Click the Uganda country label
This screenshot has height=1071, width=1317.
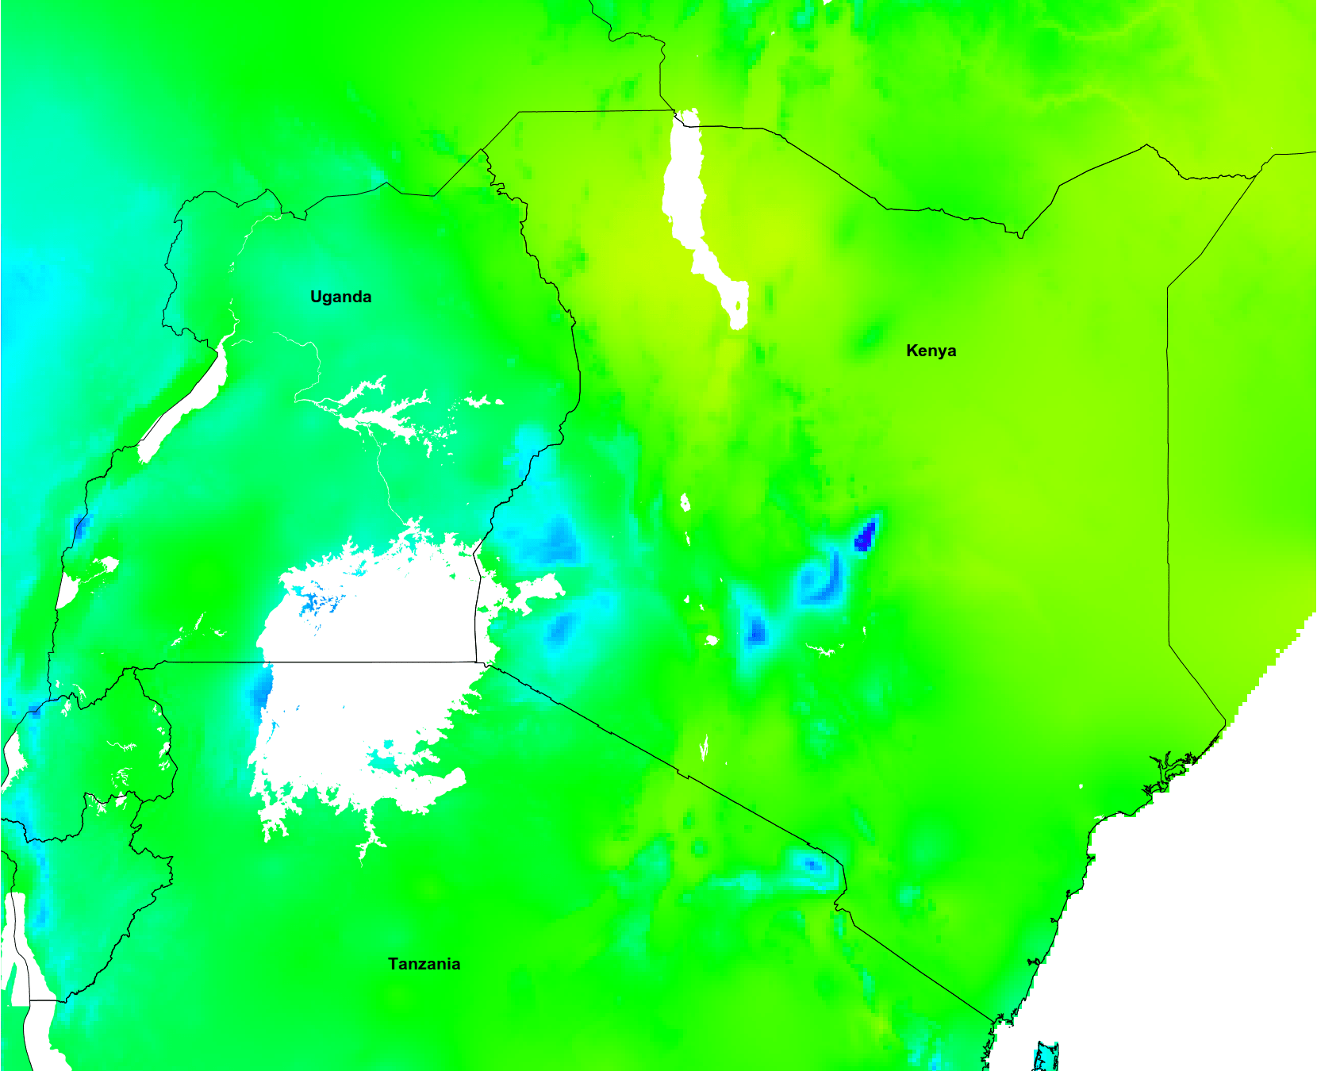(x=340, y=297)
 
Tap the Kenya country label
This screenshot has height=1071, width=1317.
(x=931, y=351)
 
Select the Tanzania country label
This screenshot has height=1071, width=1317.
(x=424, y=964)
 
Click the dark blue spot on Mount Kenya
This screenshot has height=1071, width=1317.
(x=865, y=535)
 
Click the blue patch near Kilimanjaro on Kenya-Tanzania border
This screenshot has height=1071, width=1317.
(x=812, y=864)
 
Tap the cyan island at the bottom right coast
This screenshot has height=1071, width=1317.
(x=1046, y=1058)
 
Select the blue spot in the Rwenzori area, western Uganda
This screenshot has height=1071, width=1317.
(x=80, y=526)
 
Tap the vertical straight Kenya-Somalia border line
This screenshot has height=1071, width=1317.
(x=1168, y=476)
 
